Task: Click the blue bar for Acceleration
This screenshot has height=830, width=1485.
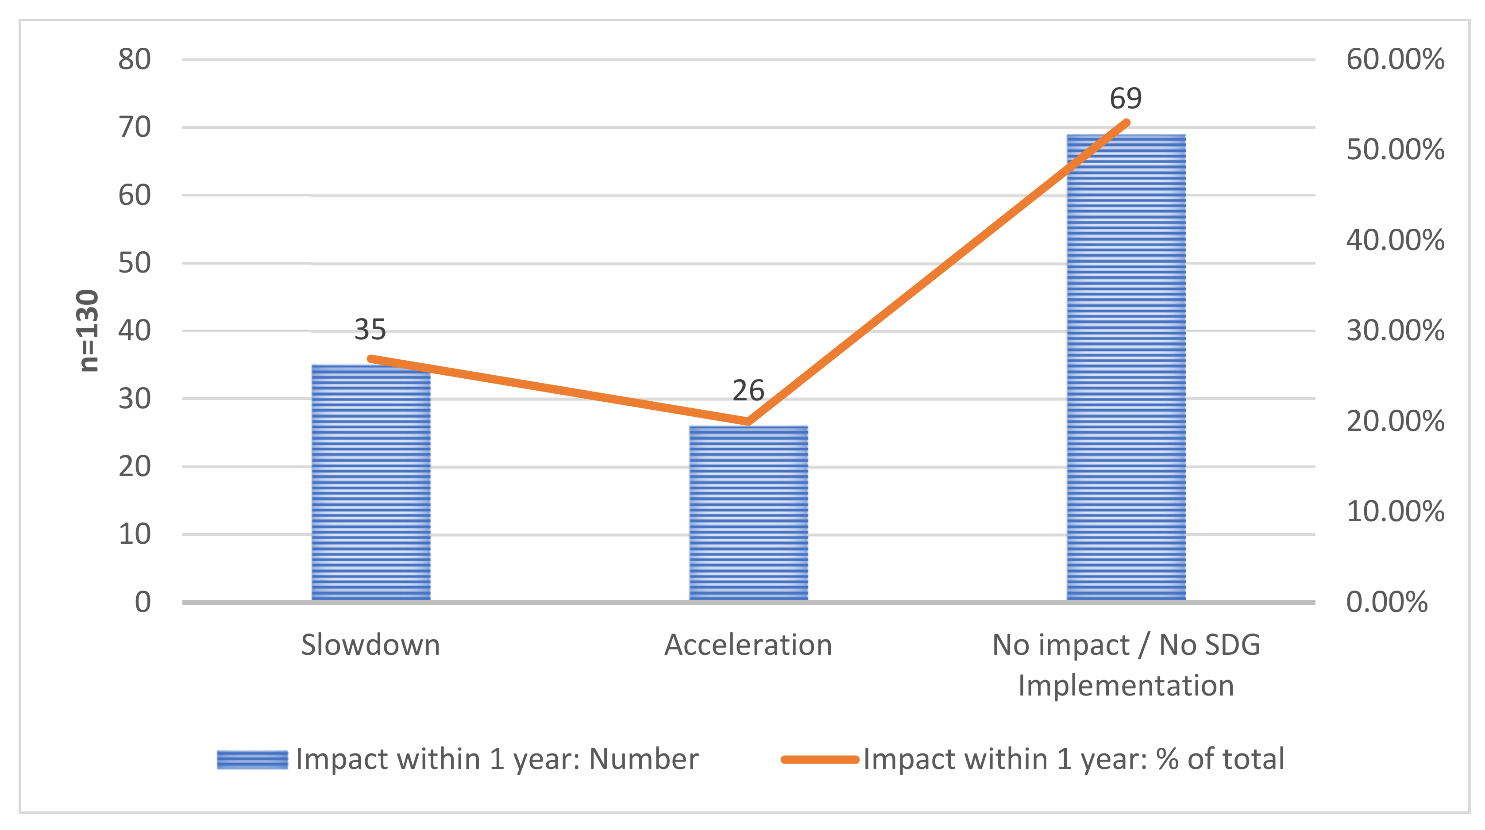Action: point(748,513)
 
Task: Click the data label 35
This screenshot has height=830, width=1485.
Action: point(370,330)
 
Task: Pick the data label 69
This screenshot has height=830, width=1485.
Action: point(1125,99)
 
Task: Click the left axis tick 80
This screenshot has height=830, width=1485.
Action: point(134,59)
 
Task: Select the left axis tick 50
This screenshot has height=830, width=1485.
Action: point(134,263)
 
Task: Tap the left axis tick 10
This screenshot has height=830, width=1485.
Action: point(134,535)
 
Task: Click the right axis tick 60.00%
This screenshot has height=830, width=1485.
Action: point(1395,59)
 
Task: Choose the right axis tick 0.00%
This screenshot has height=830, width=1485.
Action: point(1386,602)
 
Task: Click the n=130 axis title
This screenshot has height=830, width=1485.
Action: point(88,331)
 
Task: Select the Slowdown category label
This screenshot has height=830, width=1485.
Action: point(370,645)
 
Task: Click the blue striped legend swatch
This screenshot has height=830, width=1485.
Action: point(252,760)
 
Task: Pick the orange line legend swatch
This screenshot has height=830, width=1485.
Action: point(820,760)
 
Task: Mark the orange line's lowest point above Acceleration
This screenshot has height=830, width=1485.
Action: point(748,421)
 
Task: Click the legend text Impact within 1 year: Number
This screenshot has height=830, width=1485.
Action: point(497,760)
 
